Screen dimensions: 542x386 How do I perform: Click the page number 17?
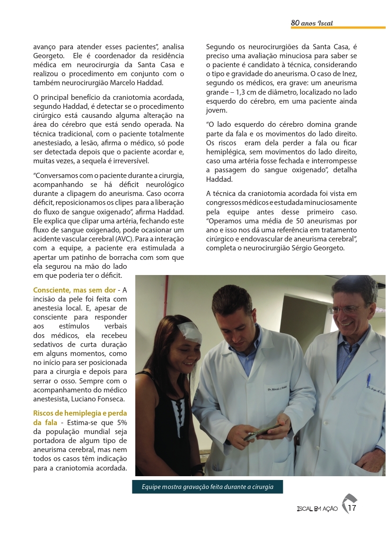click(352, 508)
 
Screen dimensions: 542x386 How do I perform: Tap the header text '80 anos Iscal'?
click(312, 23)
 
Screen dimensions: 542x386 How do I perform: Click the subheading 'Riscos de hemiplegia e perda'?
click(80, 413)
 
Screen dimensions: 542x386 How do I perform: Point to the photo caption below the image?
click(207, 487)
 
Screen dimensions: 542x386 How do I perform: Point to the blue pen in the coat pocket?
click(368, 380)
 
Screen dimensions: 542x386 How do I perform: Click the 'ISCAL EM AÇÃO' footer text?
click(317, 509)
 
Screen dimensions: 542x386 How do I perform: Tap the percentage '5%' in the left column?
click(122, 422)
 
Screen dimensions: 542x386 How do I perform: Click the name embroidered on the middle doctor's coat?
click(277, 390)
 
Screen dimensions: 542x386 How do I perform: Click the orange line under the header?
click(338, 28)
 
